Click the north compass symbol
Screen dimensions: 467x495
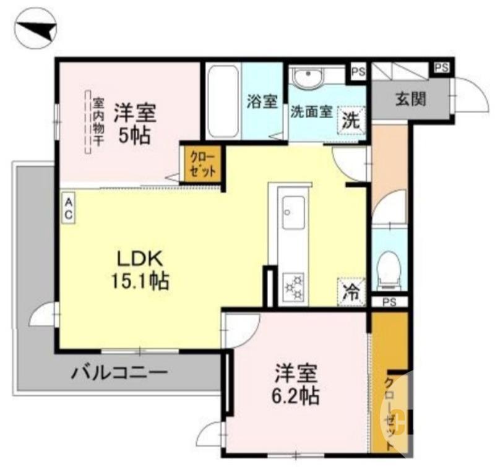36,28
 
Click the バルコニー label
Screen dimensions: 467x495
118,373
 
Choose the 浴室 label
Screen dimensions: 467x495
262,101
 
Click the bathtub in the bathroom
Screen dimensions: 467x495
222,102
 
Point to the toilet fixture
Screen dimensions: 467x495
389,270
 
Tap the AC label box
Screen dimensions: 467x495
69,208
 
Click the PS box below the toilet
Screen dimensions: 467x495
389,302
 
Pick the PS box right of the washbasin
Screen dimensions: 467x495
358,72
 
